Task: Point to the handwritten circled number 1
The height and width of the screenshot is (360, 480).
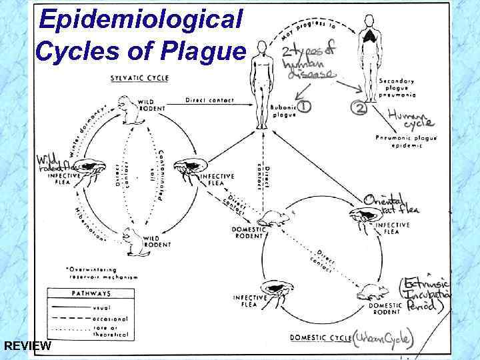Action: (x=304, y=106)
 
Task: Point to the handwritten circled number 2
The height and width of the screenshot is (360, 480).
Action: (x=362, y=109)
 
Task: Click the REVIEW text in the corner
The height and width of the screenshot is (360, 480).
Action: (x=26, y=346)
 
